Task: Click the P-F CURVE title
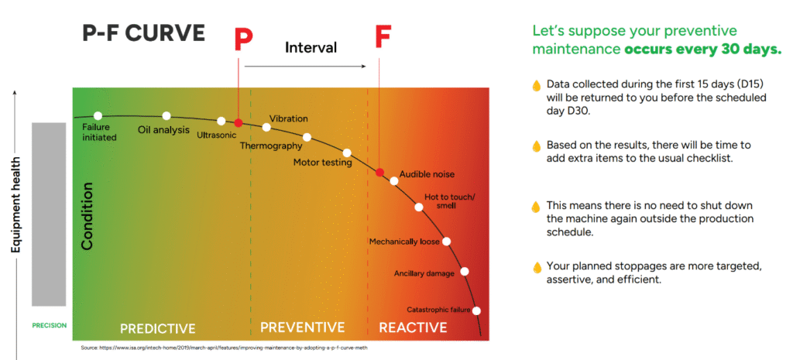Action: [x=143, y=33]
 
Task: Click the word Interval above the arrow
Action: [x=311, y=47]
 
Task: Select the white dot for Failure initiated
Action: [x=98, y=116]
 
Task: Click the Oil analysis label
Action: [x=164, y=130]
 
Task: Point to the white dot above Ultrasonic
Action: [x=221, y=121]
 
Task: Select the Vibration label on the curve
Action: [x=288, y=118]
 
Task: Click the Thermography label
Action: [x=270, y=146]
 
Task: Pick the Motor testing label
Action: [x=323, y=163]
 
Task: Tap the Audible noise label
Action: [x=427, y=174]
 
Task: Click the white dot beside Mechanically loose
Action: [x=446, y=242]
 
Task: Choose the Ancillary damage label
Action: [x=424, y=273]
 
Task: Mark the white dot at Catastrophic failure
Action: [x=476, y=310]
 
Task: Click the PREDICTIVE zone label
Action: [x=158, y=329]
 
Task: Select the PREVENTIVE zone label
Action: [x=303, y=327]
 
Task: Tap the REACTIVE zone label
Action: [x=414, y=327]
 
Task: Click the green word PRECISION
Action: [x=49, y=326]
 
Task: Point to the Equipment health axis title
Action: [x=16, y=204]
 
